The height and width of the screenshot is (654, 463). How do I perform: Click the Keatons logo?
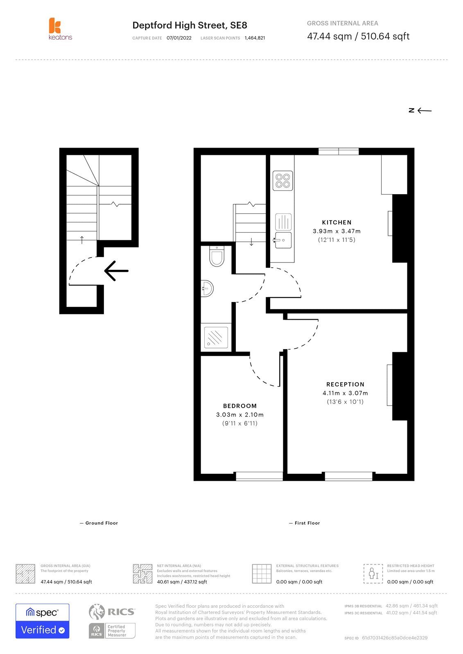(60, 29)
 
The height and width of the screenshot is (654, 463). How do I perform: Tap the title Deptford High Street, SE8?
(190, 25)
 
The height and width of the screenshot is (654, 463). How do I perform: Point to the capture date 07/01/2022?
(179, 38)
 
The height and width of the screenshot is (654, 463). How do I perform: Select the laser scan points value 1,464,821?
(255, 38)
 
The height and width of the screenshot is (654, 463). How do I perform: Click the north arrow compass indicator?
(420, 110)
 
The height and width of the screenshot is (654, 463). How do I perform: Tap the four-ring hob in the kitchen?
(282, 181)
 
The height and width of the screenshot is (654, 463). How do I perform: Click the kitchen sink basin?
(283, 240)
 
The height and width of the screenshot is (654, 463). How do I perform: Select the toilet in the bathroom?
(217, 256)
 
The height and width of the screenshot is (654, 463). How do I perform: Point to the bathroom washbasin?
(207, 289)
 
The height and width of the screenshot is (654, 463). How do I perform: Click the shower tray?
(216, 338)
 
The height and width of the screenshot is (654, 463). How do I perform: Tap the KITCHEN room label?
(337, 222)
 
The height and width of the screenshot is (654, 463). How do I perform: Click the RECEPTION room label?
(346, 385)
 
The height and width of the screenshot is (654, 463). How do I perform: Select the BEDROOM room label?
(240, 406)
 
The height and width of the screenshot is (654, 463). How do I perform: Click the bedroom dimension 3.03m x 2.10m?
(240, 414)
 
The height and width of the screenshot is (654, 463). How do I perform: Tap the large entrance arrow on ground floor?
(116, 271)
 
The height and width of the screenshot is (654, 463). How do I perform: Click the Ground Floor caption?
(99, 523)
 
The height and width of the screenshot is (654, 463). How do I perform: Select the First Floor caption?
(305, 523)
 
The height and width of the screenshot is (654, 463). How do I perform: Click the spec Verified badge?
(43, 621)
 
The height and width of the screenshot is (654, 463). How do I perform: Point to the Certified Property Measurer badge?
(112, 631)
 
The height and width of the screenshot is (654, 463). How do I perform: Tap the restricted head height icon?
(373, 574)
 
